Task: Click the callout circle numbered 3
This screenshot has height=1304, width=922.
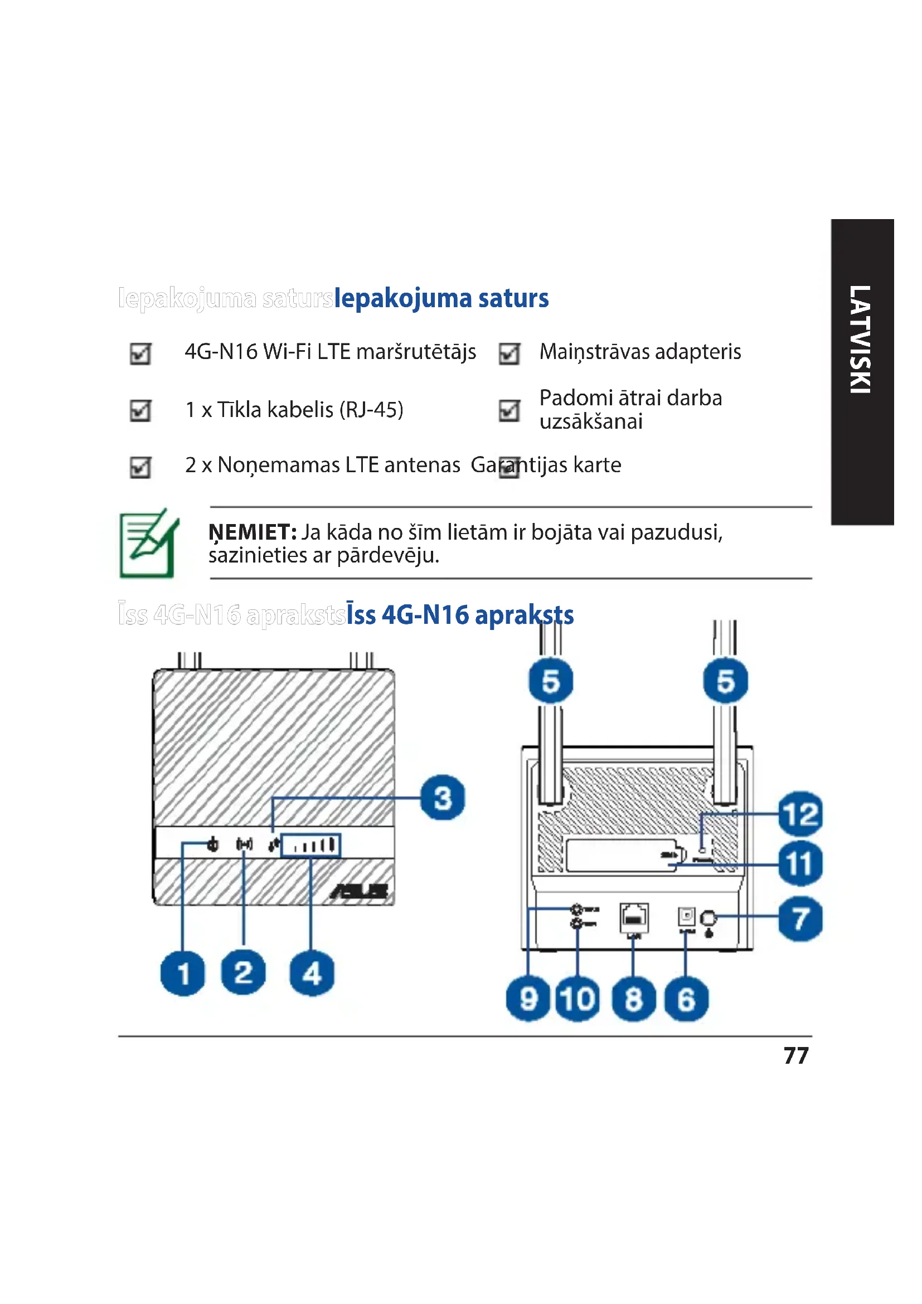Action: coord(443,797)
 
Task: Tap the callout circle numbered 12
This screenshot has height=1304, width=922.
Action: coord(800,814)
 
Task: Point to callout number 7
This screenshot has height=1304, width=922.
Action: coord(800,918)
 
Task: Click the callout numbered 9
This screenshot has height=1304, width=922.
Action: coord(528,999)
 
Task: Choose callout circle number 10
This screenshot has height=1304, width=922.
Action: coord(578,999)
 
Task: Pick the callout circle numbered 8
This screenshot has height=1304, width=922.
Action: coord(634,999)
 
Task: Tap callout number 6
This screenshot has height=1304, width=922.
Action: coord(686,999)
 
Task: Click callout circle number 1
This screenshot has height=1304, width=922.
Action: coord(183,973)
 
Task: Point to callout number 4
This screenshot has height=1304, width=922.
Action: coord(312,973)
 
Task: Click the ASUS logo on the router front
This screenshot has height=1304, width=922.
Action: coord(360,891)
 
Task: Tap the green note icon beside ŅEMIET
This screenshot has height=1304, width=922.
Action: coord(149,544)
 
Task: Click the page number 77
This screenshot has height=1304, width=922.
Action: coord(796,1056)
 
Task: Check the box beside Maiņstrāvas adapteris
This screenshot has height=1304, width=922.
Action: coord(509,353)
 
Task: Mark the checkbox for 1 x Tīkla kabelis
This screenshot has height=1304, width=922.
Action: coord(140,411)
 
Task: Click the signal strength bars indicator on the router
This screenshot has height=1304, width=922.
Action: coord(312,845)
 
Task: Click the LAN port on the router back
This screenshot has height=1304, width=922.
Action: coord(634,917)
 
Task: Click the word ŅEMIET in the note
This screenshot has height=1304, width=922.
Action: coord(252,533)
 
